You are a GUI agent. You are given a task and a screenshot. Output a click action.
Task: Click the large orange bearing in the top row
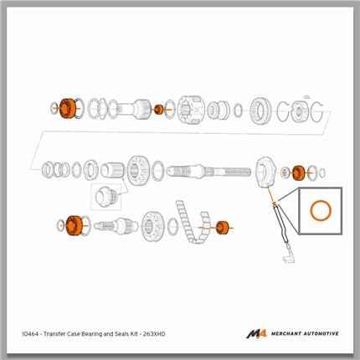point(67,108)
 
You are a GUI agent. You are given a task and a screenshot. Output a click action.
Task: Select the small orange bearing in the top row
point(159,110)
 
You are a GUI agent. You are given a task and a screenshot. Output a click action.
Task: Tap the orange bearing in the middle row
point(299,173)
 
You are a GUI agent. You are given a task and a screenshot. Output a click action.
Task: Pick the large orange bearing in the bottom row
point(74,225)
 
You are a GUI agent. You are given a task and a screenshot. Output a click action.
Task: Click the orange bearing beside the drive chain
point(222,228)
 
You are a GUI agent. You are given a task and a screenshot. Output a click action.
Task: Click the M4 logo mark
point(256,334)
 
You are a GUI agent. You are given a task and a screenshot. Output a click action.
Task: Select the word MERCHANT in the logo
point(286,334)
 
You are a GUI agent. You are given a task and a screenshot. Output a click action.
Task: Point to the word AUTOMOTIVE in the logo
point(321,334)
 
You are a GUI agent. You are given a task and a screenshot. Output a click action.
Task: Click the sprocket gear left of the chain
point(153,226)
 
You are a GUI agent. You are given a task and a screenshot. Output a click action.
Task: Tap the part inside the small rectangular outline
point(105,196)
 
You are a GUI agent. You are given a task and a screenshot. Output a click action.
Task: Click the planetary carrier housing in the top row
point(191,110)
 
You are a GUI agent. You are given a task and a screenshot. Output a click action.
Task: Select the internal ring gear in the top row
point(260,111)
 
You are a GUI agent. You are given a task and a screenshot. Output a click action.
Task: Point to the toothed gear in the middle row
point(138,170)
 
